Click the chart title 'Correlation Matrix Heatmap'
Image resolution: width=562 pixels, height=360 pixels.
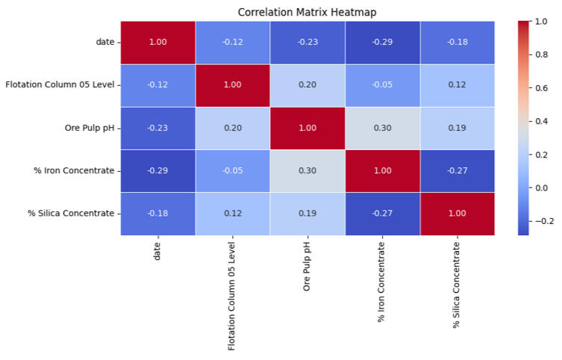[x=307, y=12]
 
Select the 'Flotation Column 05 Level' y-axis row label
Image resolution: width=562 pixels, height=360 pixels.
[x=60, y=84]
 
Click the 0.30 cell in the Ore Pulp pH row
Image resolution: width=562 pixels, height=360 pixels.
[x=382, y=128]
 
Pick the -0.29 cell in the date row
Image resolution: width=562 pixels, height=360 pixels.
[x=382, y=42]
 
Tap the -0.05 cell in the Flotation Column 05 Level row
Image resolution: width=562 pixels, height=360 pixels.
[x=382, y=84]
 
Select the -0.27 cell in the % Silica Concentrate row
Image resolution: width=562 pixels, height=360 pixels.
[x=382, y=214]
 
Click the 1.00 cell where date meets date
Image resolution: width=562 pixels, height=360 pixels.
[x=157, y=42]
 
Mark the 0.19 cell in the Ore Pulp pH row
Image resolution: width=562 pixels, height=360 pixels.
[x=457, y=128]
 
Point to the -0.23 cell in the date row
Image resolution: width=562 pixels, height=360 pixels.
[x=307, y=42]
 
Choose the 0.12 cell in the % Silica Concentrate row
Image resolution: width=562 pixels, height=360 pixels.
[x=232, y=214]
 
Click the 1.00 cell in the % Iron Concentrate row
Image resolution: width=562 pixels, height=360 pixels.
[x=382, y=170]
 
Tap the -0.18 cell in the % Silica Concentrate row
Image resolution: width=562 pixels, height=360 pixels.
[x=157, y=214]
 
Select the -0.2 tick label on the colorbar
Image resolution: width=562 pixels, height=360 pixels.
[x=546, y=221]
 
